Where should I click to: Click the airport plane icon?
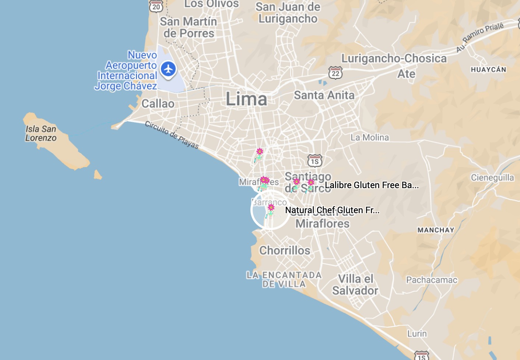point(168,69)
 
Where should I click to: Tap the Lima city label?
point(246,99)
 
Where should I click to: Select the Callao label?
point(158,104)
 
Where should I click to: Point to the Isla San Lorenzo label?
point(41,133)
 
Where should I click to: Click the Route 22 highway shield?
point(335,73)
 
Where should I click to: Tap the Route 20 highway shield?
point(156,6)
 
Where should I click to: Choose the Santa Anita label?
point(324,95)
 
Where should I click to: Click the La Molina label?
point(369,138)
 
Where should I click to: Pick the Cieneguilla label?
point(492,178)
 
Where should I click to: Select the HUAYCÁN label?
point(488,70)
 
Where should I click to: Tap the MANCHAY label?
point(436,230)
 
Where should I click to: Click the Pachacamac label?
point(432,280)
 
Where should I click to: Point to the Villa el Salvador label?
point(355,285)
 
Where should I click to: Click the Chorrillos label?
point(285,251)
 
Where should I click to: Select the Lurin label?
point(417,334)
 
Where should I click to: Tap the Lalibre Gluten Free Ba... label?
point(371,185)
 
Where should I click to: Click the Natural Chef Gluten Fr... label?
point(332,210)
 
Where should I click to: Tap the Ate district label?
point(406,74)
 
